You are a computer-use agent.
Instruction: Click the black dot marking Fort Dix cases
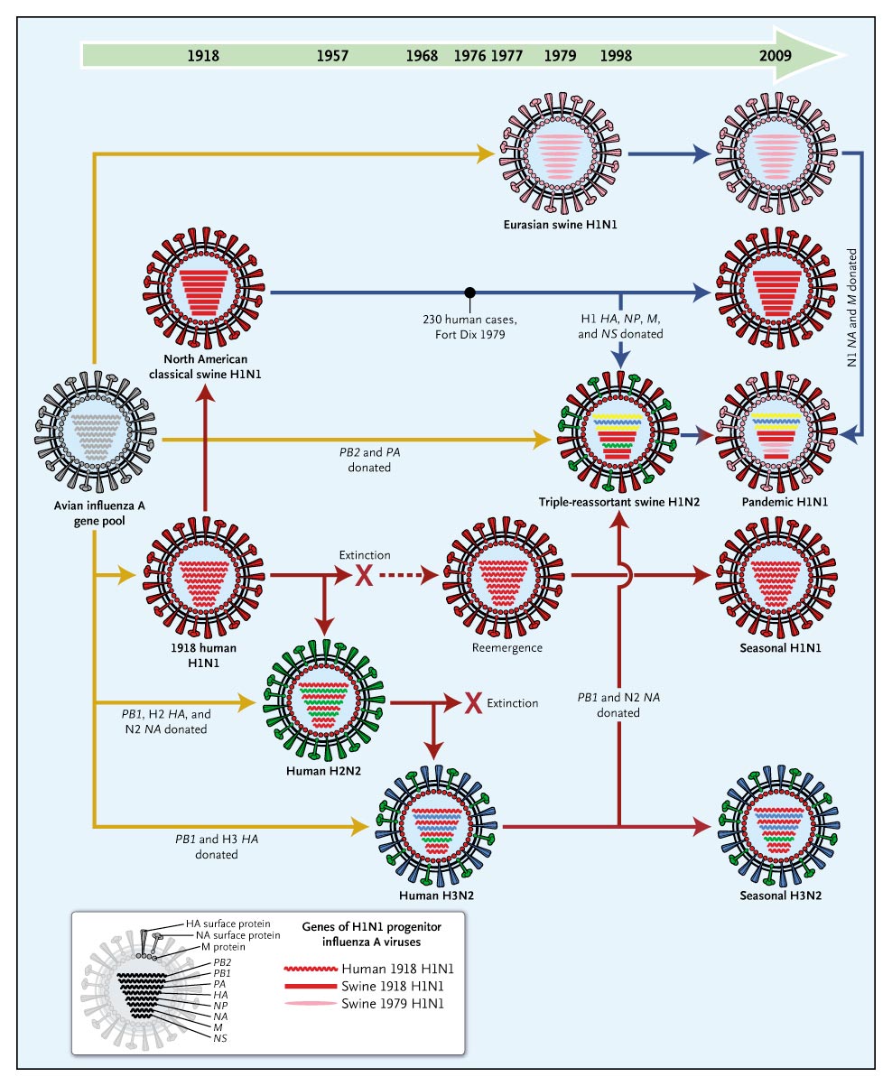(469, 292)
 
